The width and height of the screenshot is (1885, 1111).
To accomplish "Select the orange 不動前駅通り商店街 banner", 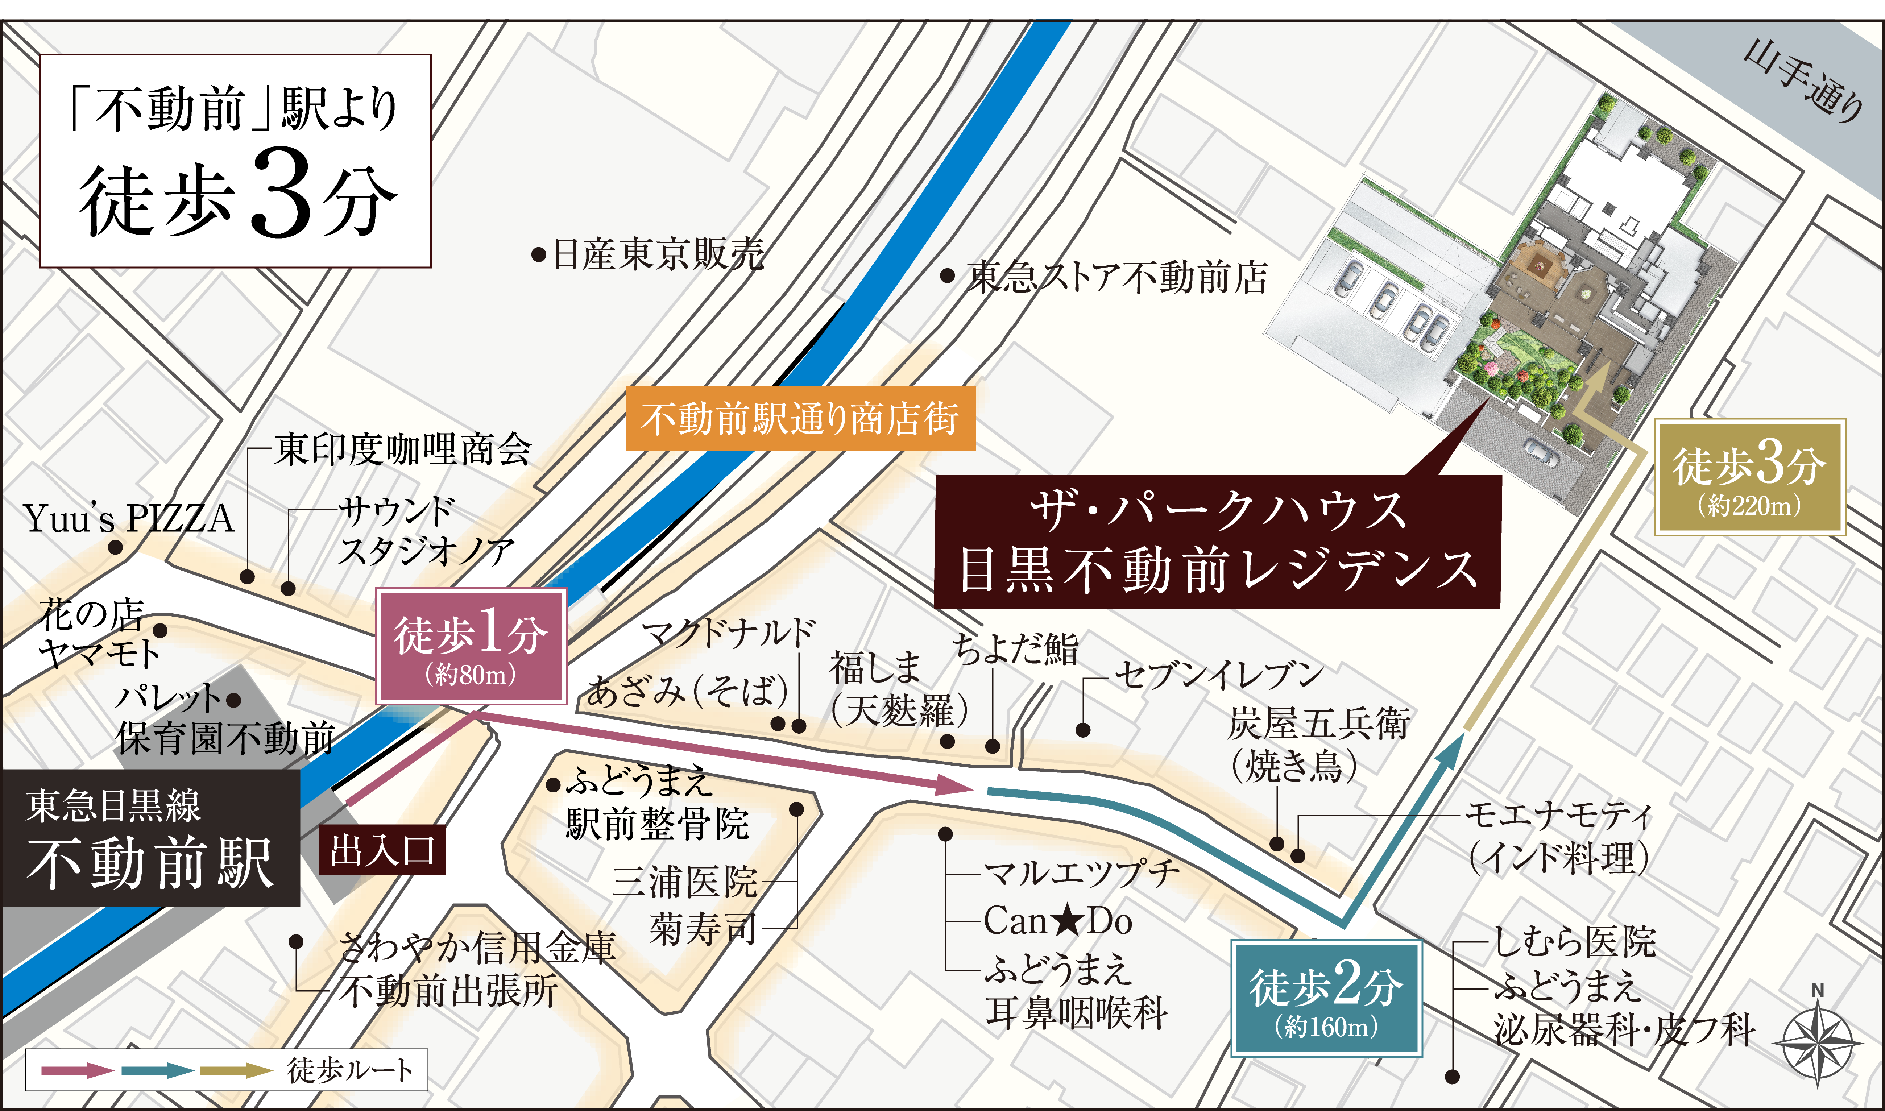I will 800,419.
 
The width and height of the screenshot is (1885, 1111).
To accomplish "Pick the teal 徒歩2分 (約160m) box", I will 1326,998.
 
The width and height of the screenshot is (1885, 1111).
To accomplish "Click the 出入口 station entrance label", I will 382,850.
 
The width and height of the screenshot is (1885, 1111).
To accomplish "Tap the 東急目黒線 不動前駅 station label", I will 150,838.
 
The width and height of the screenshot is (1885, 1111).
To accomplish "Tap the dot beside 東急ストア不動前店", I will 947,276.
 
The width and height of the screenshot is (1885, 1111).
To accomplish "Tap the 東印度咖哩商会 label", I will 403,449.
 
